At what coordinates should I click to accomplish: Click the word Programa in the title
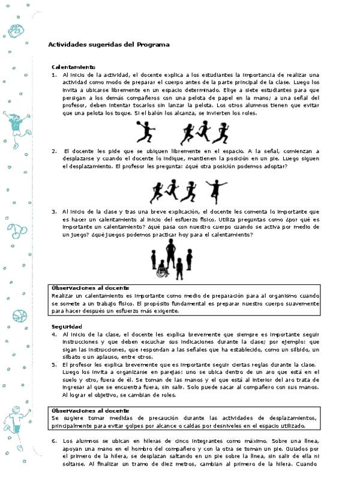coord(154,44)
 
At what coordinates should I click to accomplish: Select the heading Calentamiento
coord(73,67)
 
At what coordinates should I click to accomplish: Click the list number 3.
coord(54,211)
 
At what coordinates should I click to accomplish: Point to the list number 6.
coord(54,440)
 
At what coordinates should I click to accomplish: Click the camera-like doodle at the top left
coord(16,29)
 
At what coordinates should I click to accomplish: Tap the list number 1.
coord(54,74)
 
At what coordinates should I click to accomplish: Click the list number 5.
coord(54,364)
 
